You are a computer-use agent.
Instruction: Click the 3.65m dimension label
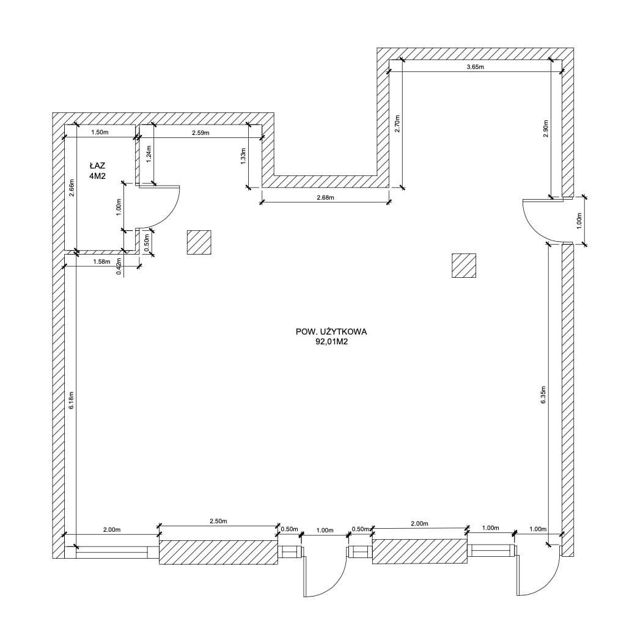point(475,67)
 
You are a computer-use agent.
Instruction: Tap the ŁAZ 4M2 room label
point(98,171)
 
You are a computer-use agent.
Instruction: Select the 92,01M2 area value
point(331,341)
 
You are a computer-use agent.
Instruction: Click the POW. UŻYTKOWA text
point(331,332)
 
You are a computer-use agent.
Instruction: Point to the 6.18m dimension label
point(71,401)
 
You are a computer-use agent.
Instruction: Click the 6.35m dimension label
point(543,395)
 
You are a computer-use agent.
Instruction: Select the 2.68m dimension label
point(325,197)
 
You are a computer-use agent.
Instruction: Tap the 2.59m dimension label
point(200,132)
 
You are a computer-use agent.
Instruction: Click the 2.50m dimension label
point(218,521)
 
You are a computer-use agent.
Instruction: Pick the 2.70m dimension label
point(397,123)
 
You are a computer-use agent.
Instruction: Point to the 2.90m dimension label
point(546,129)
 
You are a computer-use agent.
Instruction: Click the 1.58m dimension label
point(101,261)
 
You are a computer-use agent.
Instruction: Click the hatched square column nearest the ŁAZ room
point(199,242)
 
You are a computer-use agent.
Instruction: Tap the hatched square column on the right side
point(464,266)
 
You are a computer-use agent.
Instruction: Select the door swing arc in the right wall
point(529,223)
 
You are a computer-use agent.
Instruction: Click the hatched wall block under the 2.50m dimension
point(218,553)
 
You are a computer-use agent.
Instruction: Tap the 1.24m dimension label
point(149,154)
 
